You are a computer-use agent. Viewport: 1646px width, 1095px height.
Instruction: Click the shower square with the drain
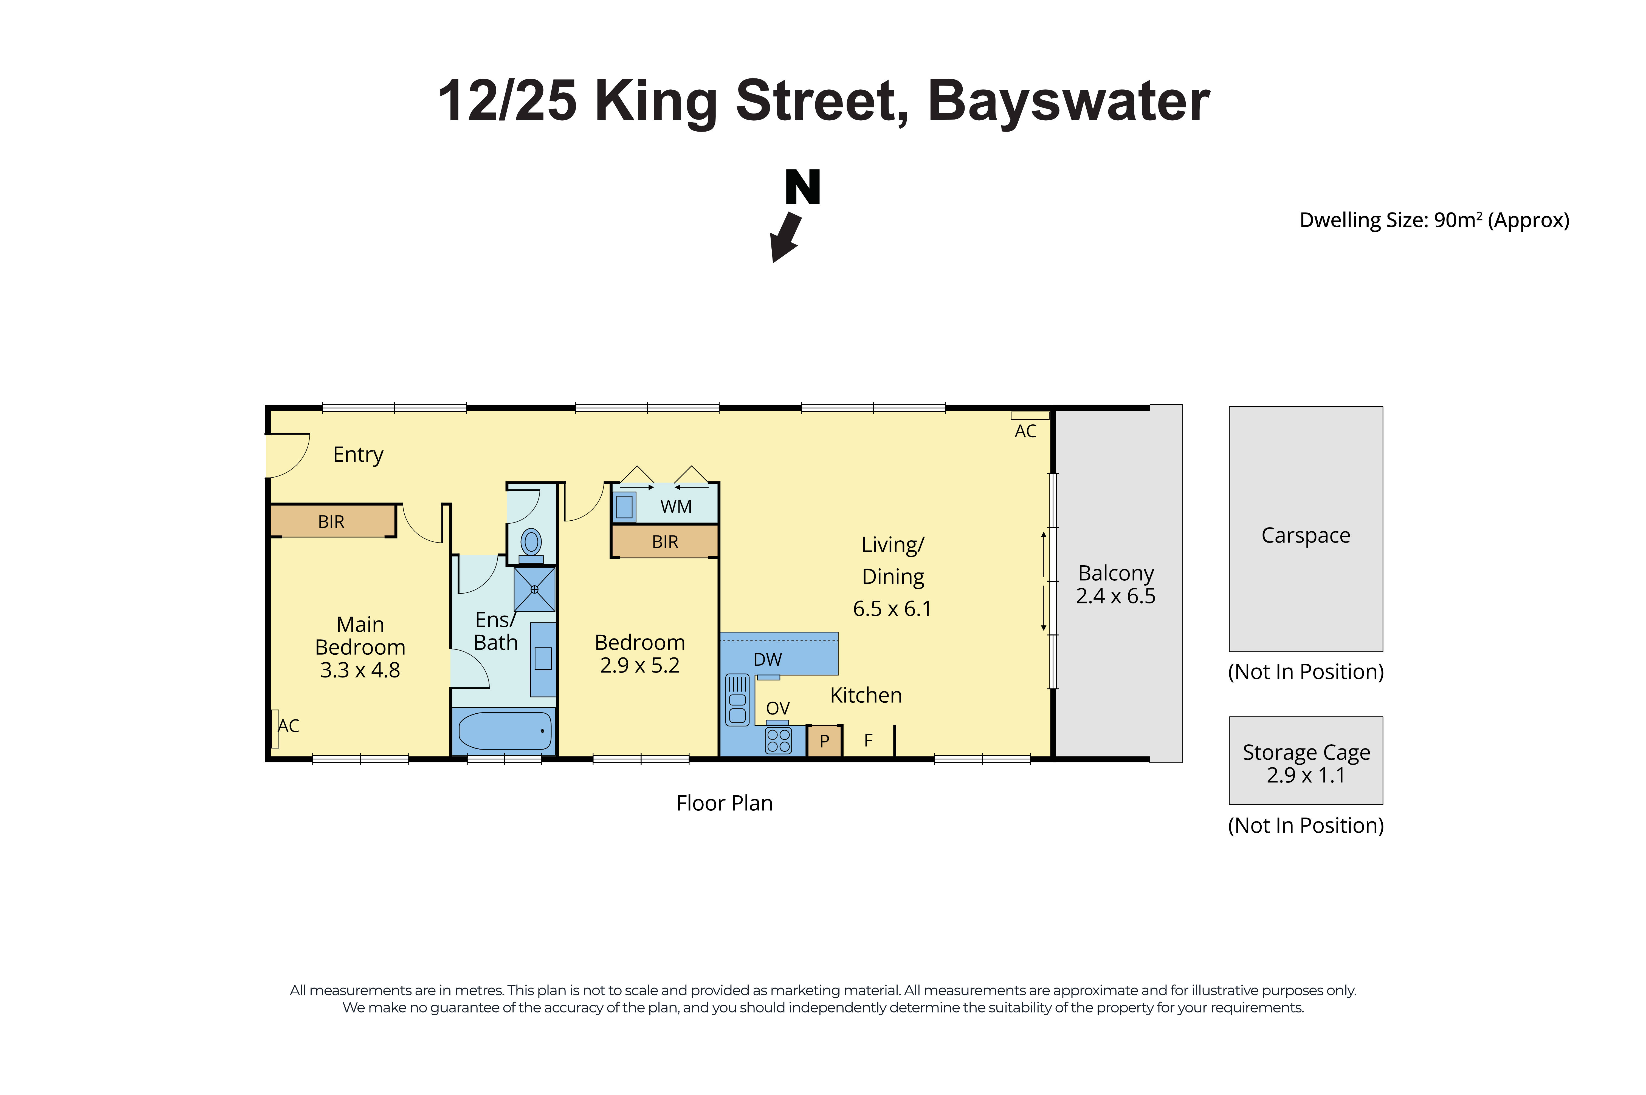click(x=534, y=589)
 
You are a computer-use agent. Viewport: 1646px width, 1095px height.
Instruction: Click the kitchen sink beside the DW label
click(x=737, y=699)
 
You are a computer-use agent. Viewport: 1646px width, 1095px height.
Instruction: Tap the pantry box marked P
click(x=824, y=741)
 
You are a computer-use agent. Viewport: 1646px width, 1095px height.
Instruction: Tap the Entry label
click(x=358, y=455)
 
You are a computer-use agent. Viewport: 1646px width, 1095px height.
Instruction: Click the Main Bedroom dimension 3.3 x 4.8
click(x=360, y=670)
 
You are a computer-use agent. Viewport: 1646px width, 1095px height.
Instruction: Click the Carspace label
click(x=1305, y=535)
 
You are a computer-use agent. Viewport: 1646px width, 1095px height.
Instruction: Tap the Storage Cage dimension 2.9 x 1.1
click(x=1305, y=775)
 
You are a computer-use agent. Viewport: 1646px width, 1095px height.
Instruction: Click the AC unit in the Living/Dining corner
click(x=1029, y=416)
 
